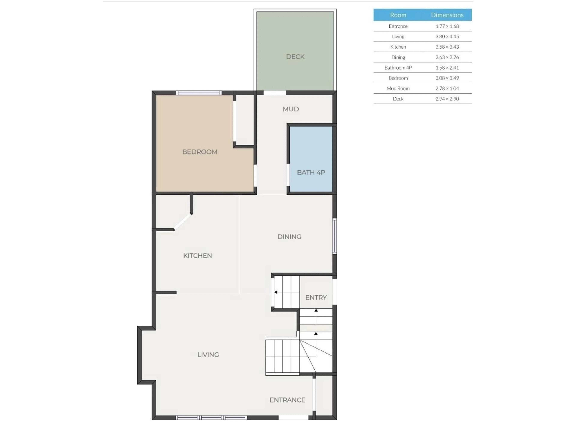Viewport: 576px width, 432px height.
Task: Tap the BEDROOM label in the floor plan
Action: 200,152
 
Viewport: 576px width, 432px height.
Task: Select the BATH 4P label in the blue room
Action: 311,172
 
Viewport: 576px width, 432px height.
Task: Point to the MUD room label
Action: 291,109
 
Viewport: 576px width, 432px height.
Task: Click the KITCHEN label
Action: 197,256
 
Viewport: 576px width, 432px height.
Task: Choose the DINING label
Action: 289,237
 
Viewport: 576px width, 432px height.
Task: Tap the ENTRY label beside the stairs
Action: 316,297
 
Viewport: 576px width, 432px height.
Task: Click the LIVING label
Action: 208,355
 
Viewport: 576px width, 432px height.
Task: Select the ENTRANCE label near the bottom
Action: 287,400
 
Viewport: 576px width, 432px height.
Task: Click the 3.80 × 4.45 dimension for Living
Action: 447,36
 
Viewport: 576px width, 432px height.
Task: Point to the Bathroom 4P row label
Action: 398,68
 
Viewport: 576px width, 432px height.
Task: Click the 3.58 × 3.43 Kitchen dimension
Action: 447,47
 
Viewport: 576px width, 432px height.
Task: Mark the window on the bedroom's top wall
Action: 199,93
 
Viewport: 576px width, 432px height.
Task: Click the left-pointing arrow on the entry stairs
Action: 276,292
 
